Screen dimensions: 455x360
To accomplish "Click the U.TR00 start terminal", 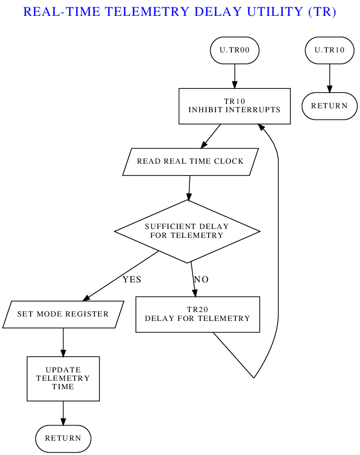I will [234, 50].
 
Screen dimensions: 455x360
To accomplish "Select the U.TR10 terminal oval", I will [329, 50].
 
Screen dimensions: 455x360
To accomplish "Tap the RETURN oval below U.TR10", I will [329, 106].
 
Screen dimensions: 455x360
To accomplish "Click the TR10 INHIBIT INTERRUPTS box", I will [234, 106].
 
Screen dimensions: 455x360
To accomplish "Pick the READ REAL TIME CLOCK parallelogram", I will [190, 161].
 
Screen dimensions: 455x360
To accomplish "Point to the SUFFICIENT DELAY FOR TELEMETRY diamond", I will [187, 231].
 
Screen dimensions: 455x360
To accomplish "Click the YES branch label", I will [132, 279].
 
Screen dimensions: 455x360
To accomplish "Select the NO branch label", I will [201, 279].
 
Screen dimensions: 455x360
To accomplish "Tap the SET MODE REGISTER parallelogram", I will [63, 314].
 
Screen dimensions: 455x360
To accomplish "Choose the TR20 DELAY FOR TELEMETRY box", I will [197, 315].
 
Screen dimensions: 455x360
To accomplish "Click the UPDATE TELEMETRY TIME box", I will [63, 378].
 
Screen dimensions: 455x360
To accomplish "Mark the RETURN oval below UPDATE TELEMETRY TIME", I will [63, 438].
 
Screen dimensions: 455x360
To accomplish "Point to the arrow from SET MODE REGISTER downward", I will [63, 342].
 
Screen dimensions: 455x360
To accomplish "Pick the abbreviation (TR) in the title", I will [322, 12].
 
